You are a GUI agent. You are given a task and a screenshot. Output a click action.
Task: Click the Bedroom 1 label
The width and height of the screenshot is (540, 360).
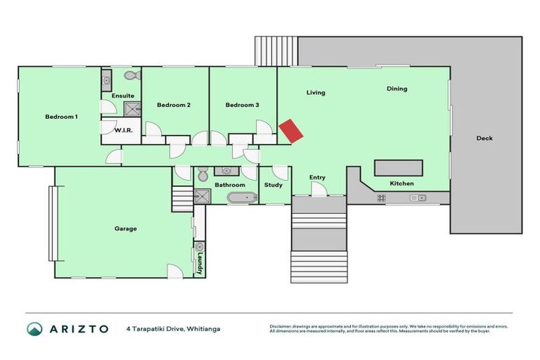(x=61, y=117)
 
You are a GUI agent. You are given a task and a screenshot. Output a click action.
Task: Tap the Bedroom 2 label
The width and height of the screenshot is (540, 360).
(x=174, y=105)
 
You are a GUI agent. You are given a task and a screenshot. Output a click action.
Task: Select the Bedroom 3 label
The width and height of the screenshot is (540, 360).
(x=243, y=105)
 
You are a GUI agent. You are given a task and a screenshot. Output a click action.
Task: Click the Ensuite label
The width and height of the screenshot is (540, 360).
(x=122, y=96)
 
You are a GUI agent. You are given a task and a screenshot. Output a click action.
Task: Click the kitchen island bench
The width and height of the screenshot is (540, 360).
(x=399, y=168)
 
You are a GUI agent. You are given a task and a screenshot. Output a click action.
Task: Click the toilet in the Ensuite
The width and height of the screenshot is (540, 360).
(x=131, y=75)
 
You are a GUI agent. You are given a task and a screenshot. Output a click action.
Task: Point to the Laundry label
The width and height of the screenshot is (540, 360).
(x=200, y=264)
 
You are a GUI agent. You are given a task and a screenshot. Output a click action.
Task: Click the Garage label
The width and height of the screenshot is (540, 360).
(x=126, y=229)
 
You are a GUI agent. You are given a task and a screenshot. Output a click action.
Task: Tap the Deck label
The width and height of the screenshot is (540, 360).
(x=484, y=139)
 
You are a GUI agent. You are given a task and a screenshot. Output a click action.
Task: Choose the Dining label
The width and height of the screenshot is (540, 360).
(x=397, y=89)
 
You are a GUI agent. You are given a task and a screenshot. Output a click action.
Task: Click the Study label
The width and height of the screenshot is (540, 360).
(x=274, y=186)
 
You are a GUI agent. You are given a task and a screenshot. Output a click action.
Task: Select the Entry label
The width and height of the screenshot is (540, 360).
(x=317, y=178)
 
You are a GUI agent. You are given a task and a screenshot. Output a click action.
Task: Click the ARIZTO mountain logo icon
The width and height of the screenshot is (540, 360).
(x=34, y=328)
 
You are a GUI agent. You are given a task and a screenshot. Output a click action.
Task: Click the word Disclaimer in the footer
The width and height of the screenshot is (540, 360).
(x=282, y=326)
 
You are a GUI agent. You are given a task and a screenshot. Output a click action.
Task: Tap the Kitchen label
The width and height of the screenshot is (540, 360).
(x=401, y=184)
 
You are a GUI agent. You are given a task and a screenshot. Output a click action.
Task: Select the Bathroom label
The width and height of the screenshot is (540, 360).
(x=230, y=186)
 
